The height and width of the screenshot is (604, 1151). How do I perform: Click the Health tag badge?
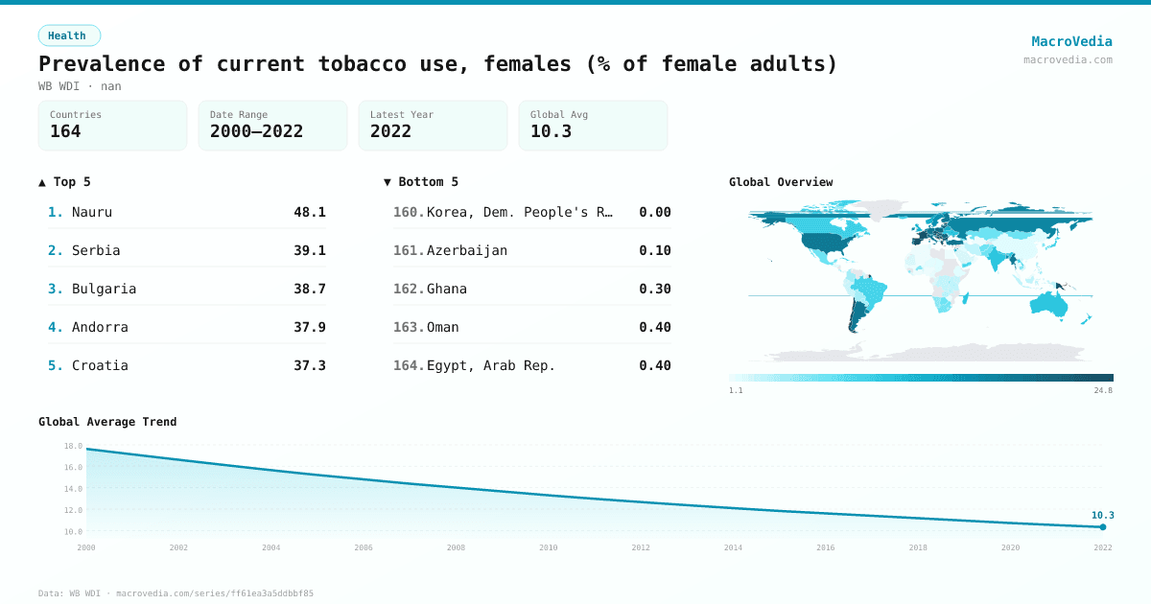coord(69,35)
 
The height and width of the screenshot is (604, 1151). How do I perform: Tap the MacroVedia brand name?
coord(1071,41)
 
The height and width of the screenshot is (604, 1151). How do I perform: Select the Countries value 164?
coord(65,131)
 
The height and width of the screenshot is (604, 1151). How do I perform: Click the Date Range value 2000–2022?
coord(256,131)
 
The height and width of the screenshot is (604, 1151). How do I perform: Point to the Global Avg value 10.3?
coord(551,131)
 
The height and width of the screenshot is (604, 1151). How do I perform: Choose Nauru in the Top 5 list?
coord(92,212)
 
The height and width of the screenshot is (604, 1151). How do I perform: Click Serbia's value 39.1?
coord(309,250)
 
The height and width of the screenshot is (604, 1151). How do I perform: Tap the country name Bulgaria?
coord(104,289)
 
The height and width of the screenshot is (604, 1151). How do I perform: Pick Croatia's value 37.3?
coord(309,365)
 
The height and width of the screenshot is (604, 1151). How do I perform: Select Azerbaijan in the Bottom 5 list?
coord(466,250)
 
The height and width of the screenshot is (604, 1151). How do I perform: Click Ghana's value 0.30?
coord(654,289)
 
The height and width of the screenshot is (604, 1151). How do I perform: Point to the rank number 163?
coord(409,327)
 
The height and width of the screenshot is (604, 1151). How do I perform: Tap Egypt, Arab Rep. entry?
coord(490,365)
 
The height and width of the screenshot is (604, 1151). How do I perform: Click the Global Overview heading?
coord(781,182)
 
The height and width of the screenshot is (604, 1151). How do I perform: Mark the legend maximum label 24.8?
coord(1103,390)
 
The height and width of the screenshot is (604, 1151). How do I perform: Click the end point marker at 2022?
coord(1103,526)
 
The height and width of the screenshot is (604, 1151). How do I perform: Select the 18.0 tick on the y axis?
coord(73,446)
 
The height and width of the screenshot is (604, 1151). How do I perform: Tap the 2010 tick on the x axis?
coord(549,547)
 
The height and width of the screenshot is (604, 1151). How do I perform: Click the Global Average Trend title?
coord(107,422)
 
